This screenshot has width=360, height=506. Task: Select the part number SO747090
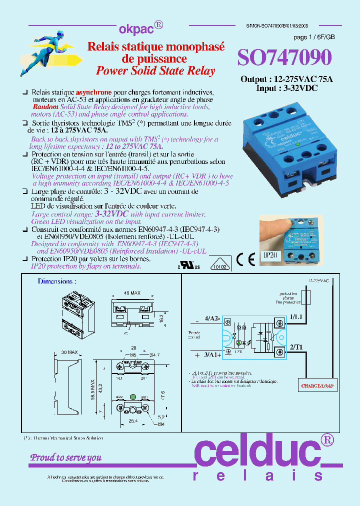[x=284, y=58]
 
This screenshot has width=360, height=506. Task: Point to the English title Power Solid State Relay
[x=155, y=70]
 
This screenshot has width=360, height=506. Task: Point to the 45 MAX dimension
[x=132, y=293]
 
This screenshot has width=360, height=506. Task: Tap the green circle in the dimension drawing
[x=132, y=397]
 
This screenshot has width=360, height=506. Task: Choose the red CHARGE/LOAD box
[x=317, y=385]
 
